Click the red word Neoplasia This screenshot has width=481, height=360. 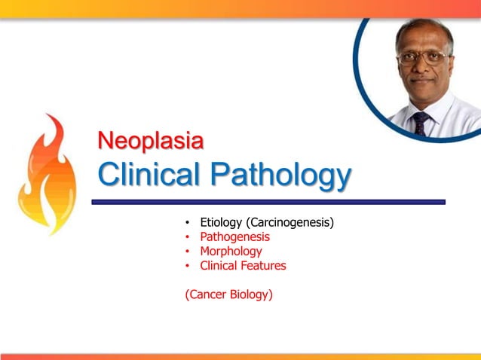click(x=151, y=141)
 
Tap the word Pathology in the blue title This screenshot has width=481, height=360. click(x=280, y=177)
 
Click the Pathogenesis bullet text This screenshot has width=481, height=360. click(x=234, y=237)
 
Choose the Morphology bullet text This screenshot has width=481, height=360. click(x=231, y=252)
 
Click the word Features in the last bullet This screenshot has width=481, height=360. click(x=263, y=266)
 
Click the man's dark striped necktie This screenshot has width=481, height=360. click(x=421, y=121)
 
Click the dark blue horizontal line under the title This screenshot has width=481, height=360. click(x=268, y=202)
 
